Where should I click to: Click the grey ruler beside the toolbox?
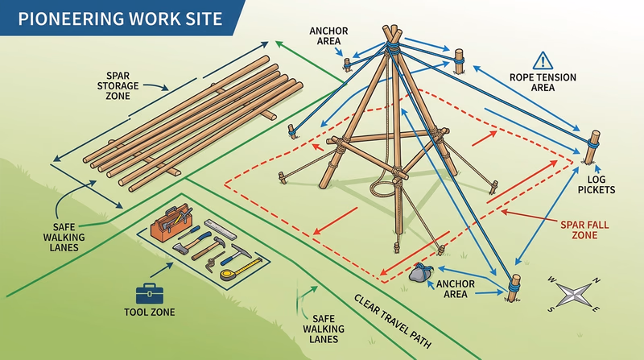point(218,228)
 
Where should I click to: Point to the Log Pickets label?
point(601,184)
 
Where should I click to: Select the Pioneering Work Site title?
point(111,18)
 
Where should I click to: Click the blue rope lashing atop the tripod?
point(392,48)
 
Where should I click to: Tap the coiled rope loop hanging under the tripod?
point(381,188)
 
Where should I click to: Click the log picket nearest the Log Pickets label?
point(595,145)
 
